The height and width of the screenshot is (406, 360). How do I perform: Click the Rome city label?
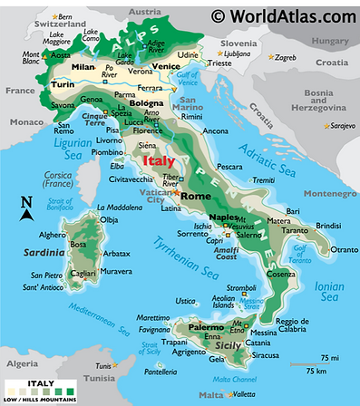click(x=196, y=196)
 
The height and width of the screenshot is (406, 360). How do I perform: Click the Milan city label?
click(x=83, y=67)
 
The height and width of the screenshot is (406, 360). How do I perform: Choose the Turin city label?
click(x=63, y=84)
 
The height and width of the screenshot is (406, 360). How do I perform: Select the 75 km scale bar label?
click(x=316, y=371)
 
